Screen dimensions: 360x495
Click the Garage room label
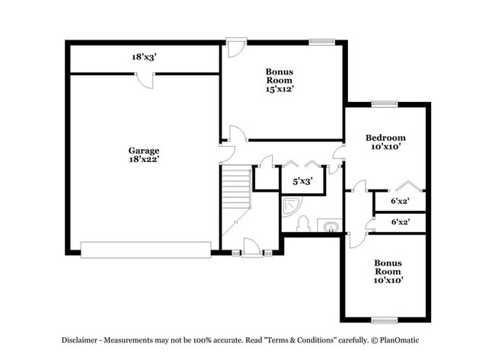pos(143,151)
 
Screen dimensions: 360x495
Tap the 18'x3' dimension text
pos(145,57)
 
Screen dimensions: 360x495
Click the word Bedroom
pos(385,138)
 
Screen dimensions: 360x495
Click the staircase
pos(236,186)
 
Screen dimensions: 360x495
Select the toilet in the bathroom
pos(302,223)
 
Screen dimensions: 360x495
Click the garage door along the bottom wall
pos(145,250)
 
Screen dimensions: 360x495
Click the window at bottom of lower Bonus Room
pos(385,320)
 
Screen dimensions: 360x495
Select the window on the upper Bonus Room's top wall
pos(321,41)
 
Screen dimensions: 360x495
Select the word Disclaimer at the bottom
pos(80,341)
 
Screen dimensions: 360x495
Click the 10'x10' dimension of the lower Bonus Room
pos(388,280)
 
